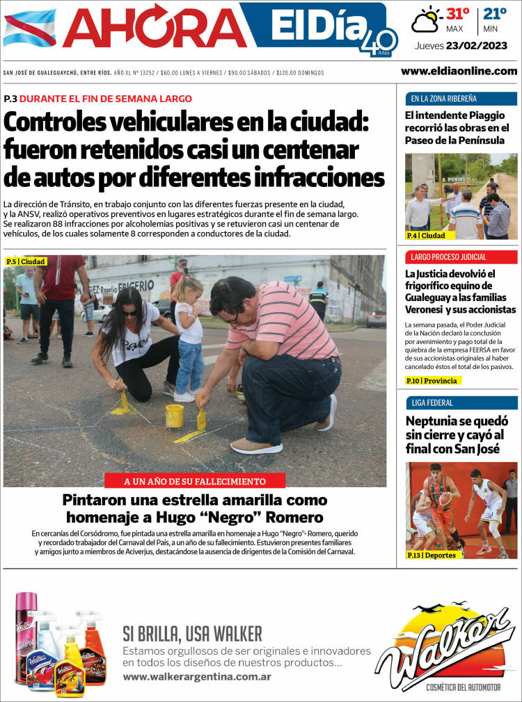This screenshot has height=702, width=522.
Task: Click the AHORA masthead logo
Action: pyautogui.click(x=155, y=28)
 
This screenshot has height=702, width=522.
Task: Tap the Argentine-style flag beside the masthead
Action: pyautogui.click(x=29, y=28)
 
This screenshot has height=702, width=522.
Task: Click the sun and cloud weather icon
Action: pyautogui.click(x=426, y=20)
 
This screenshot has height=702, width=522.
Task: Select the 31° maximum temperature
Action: pyautogui.click(x=457, y=14)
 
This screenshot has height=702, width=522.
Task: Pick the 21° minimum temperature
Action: pyautogui.click(x=495, y=14)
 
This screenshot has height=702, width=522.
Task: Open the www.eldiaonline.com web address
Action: pyautogui.click(x=459, y=71)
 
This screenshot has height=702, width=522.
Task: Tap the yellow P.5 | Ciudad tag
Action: pyautogui.click(x=26, y=262)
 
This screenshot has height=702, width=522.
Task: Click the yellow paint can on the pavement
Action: pyautogui.click(x=174, y=416)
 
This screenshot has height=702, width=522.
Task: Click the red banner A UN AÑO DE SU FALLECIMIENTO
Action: pyautogui.click(x=195, y=481)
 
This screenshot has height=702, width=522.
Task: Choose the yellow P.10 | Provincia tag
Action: pyautogui.click(x=433, y=381)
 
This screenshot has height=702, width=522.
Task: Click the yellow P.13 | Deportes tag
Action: pyautogui.click(x=432, y=555)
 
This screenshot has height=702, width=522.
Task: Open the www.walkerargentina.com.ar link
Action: pyautogui.click(x=197, y=676)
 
